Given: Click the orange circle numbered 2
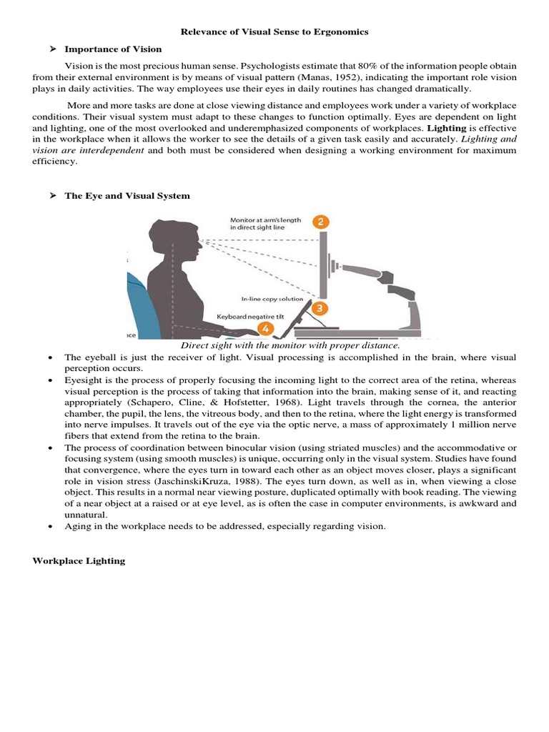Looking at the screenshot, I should (322, 222).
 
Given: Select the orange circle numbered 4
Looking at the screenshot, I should (266, 329).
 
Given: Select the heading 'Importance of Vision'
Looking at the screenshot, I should (113, 49).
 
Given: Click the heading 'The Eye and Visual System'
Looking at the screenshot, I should (127, 195).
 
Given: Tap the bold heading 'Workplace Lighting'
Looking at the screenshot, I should (79, 561).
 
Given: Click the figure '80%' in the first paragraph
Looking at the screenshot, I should (360, 66).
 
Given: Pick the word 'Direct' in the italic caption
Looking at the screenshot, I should (196, 345).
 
